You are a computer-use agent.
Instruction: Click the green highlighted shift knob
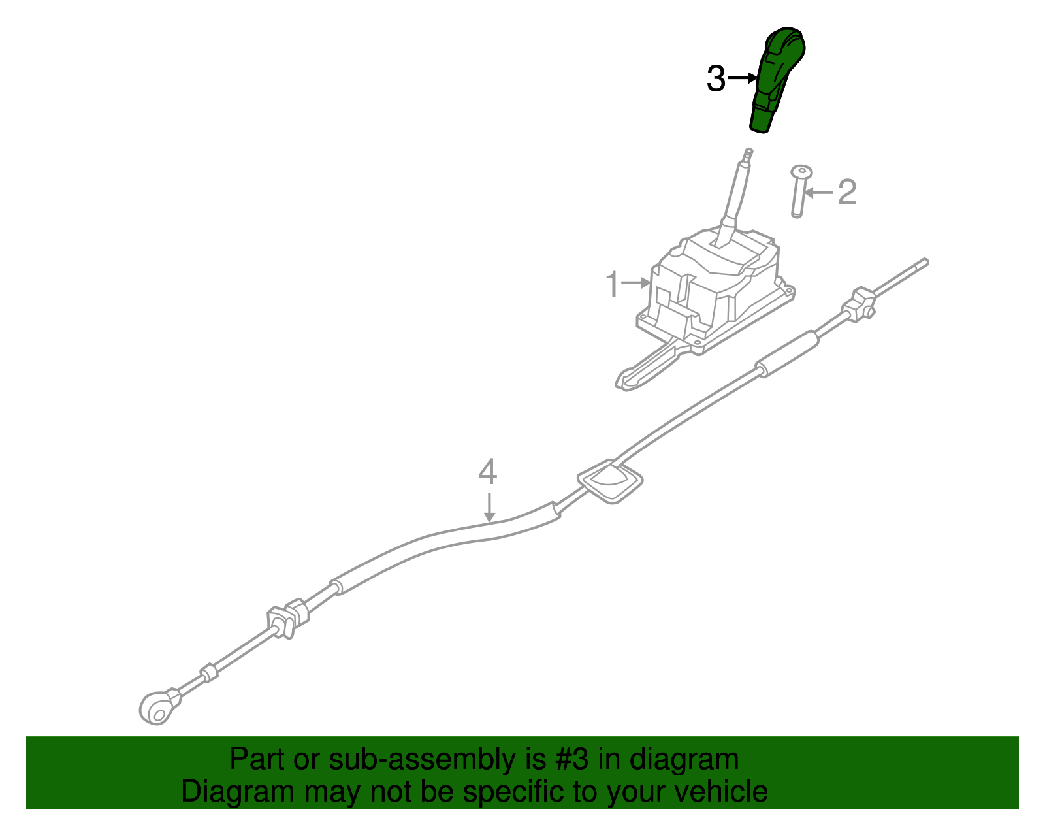(776, 79)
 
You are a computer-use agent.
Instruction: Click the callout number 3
(715, 79)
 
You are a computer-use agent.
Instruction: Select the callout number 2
(847, 192)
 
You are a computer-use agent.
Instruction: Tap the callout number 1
(612, 284)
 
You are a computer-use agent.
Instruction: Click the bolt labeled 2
(799, 191)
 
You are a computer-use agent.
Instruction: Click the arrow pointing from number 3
(741, 78)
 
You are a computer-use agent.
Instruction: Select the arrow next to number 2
(818, 193)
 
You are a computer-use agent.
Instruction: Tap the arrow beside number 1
(635, 283)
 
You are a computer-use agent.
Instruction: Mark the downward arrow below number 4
(489, 507)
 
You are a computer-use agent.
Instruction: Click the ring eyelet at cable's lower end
(157, 708)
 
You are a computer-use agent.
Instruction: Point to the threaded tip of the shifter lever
(748, 155)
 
